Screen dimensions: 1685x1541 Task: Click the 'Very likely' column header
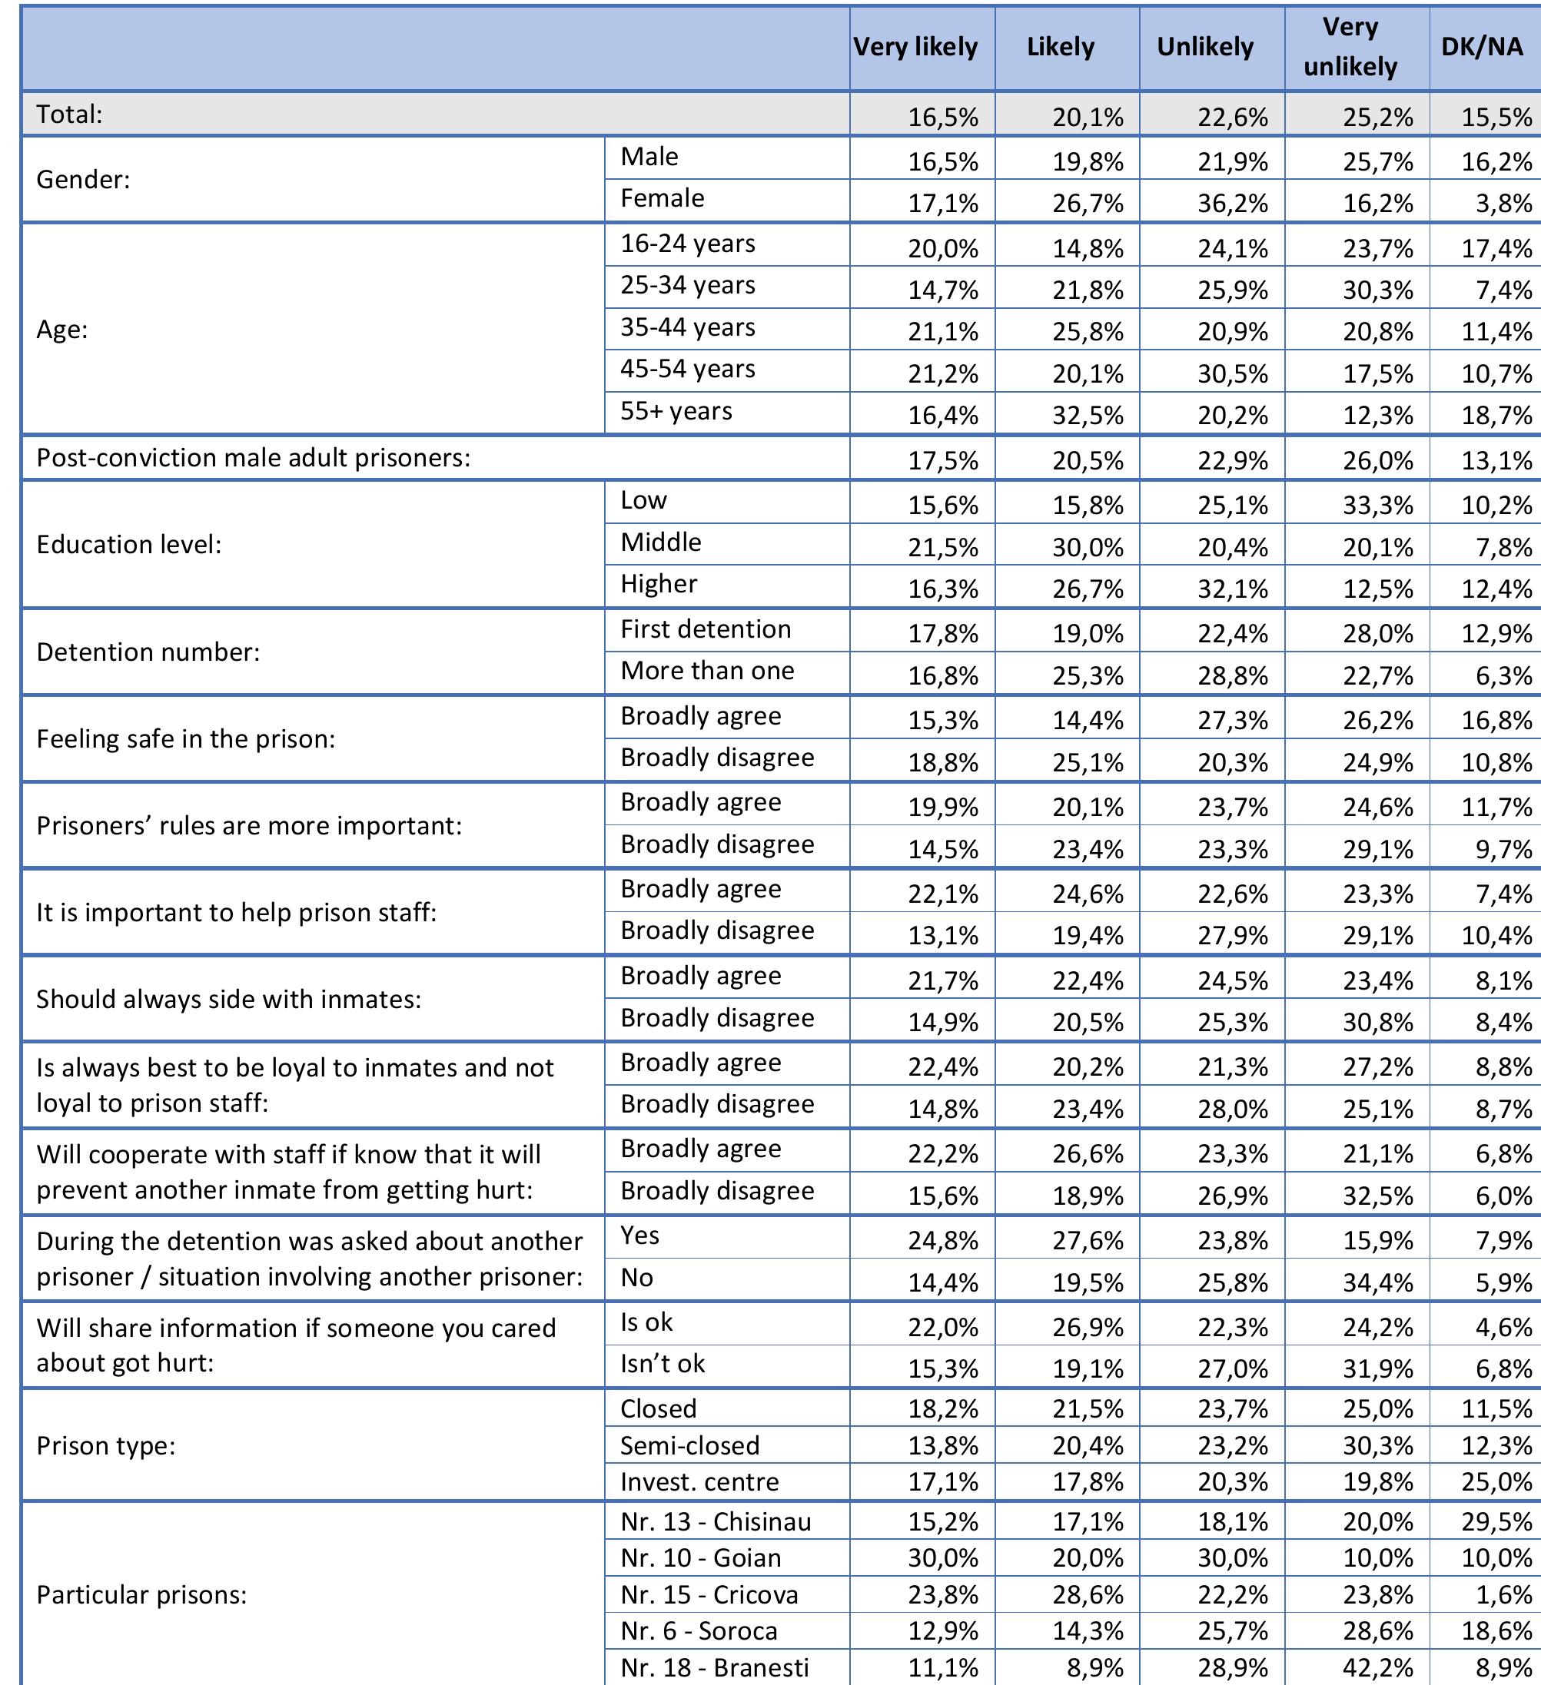coord(915,47)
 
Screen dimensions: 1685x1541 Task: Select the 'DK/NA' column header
coord(1482,47)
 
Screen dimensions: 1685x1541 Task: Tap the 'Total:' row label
coord(69,114)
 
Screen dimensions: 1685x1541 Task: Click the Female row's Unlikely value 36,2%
coord(1233,203)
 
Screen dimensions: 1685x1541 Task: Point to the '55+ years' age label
coord(676,411)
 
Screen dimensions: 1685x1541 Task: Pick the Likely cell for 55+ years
coord(1088,416)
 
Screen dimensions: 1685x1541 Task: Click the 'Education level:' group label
coord(129,544)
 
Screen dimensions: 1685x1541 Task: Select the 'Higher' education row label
coord(658,583)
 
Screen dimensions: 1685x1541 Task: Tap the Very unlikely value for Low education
coord(1378,505)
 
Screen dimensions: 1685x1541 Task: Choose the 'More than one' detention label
coord(706,670)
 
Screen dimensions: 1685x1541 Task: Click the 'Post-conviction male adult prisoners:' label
coord(254,457)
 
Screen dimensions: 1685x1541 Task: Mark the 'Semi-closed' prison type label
coord(690,1445)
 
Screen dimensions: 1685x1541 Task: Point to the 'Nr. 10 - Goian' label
coord(701,1558)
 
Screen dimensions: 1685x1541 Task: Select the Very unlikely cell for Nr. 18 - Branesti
coord(1378,1667)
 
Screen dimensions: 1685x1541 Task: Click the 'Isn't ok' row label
coord(663,1363)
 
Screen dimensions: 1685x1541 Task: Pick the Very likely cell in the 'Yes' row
coord(943,1240)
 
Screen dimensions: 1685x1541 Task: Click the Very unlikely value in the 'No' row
coord(1378,1282)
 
